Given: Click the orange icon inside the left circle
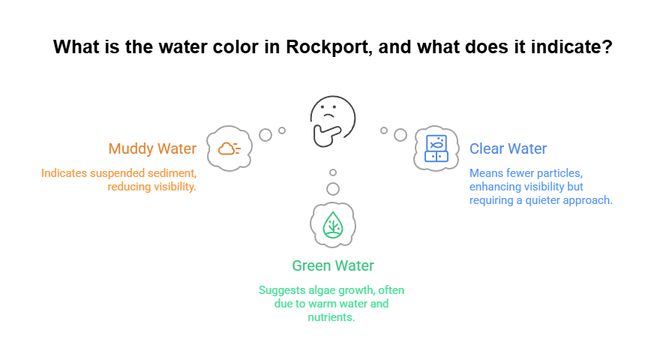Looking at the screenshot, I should (x=231, y=153).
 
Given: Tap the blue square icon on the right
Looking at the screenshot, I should (x=438, y=151).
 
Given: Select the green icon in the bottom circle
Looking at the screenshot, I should (x=334, y=226).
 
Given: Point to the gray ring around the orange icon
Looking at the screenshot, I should (x=212, y=148).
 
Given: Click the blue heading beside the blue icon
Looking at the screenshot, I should (x=508, y=148).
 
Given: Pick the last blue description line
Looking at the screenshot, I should (x=540, y=198).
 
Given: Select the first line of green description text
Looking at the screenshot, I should (x=333, y=291).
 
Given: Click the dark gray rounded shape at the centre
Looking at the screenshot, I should (x=330, y=120).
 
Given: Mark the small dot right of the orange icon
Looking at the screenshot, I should (x=263, y=133).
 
